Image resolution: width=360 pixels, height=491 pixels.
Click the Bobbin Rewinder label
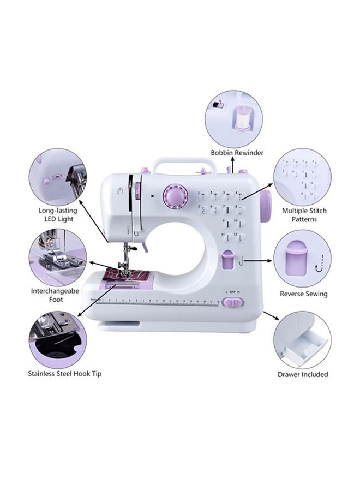tap(237, 153)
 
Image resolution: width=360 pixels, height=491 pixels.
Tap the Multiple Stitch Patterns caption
tap(304, 214)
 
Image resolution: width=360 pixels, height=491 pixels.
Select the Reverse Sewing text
tap(304, 294)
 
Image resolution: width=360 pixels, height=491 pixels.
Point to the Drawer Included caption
tap(303, 374)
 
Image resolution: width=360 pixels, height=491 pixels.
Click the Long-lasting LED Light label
tap(58, 214)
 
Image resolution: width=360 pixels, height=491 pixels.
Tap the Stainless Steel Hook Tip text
tap(64, 374)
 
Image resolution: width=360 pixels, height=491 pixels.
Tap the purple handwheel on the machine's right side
tap(266, 207)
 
